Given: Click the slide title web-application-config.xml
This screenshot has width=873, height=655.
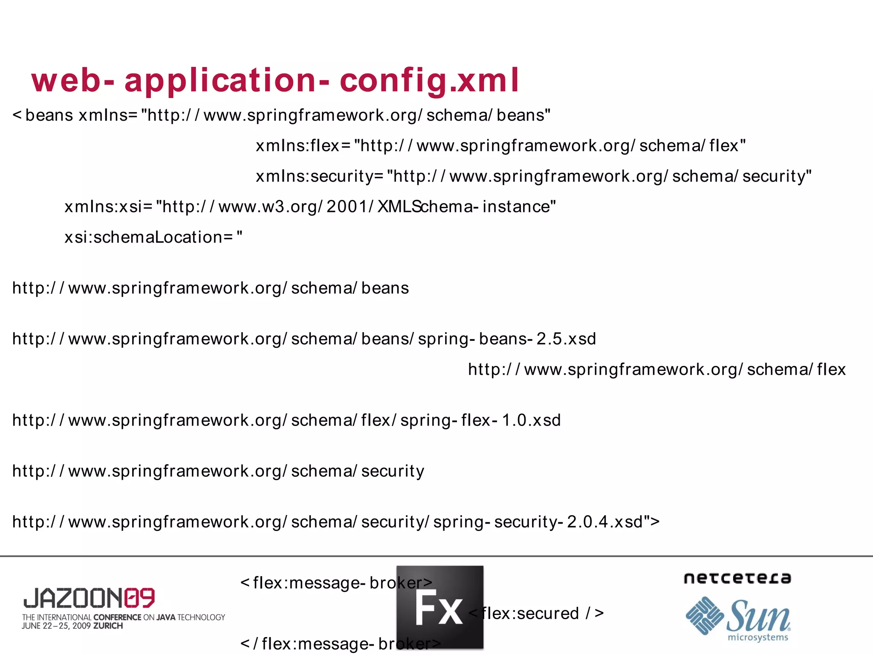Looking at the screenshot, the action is [x=275, y=80].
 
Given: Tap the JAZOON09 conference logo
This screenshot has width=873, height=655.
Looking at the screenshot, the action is [x=89, y=598].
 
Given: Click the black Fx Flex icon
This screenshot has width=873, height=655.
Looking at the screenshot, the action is [x=440, y=607].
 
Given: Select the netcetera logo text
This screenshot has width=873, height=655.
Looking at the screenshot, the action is [x=737, y=578].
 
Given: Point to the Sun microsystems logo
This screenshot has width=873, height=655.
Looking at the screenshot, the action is [x=738, y=618].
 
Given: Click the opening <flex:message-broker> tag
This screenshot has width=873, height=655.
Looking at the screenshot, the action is [x=336, y=583].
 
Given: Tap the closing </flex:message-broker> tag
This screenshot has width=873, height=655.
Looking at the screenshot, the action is [x=341, y=643].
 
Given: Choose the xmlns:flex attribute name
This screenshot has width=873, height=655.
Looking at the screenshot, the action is [x=297, y=146].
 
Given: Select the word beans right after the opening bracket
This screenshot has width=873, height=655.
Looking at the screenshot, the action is [x=49, y=115].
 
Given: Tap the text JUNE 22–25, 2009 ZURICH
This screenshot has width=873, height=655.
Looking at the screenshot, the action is [x=72, y=626].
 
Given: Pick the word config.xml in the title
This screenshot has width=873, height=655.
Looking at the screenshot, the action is [x=429, y=80].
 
